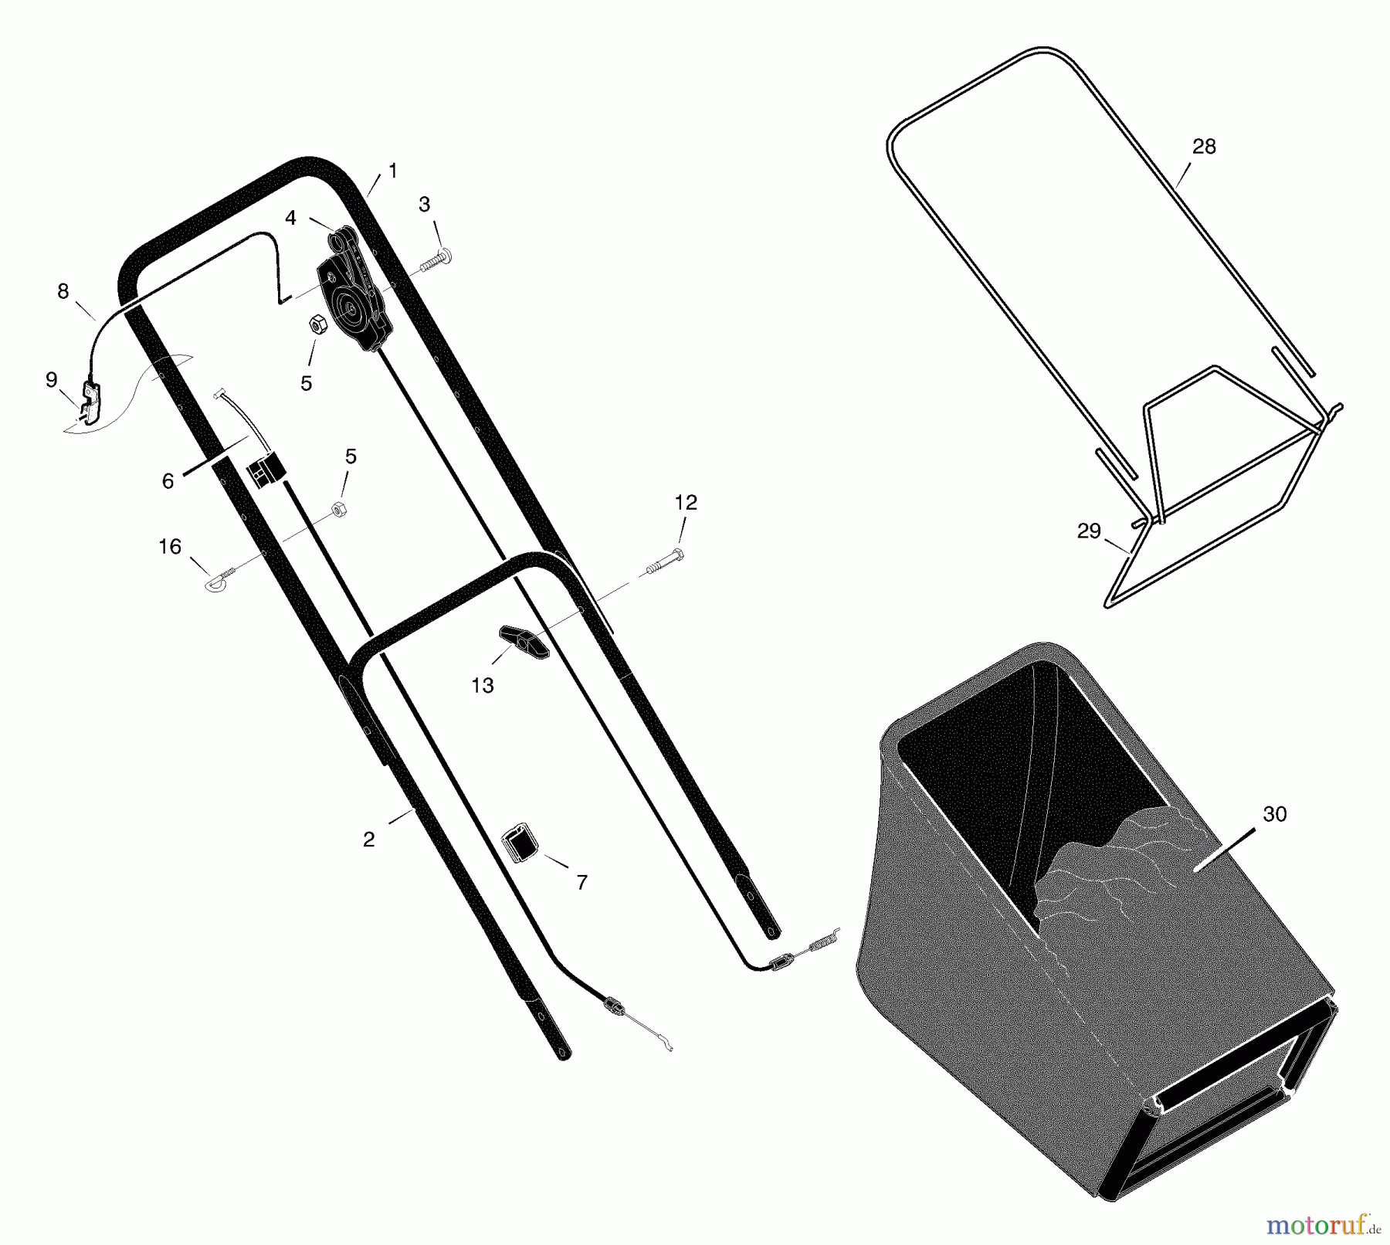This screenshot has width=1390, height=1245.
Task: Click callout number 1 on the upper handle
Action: click(392, 171)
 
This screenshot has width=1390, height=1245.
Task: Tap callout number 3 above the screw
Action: click(425, 205)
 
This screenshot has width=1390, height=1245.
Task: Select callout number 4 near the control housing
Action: click(290, 218)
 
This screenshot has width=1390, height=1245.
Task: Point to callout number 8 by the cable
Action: click(63, 291)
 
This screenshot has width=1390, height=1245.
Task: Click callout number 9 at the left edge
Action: click(52, 379)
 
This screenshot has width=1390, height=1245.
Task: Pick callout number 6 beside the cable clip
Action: click(168, 481)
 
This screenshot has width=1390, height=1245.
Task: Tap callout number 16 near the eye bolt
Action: click(170, 547)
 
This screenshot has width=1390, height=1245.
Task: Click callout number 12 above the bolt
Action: click(686, 502)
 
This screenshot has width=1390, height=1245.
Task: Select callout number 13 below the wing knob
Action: click(483, 685)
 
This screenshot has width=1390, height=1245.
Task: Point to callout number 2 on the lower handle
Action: click(368, 840)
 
